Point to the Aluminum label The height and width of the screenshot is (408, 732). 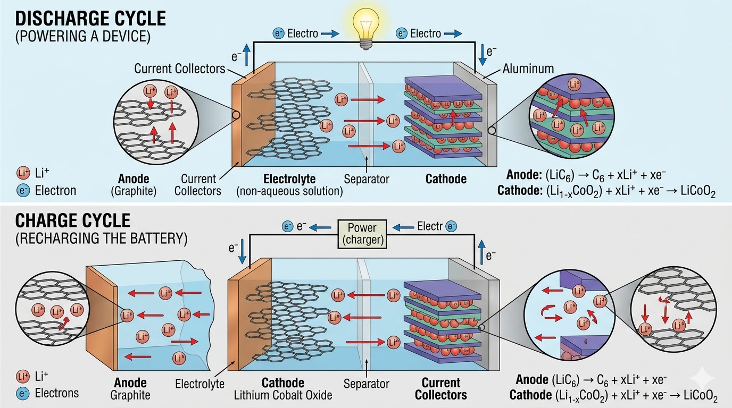click(x=528, y=68)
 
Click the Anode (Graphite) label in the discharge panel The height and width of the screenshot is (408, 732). click(x=133, y=185)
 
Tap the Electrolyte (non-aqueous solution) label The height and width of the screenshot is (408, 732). click(x=289, y=185)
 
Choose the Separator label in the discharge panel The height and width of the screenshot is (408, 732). click(x=367, y=179)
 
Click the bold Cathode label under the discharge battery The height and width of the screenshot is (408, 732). click(x=446, y=179)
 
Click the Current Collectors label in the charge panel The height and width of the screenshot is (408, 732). click(x=440, y=388)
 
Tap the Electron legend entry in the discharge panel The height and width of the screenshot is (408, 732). click(x=55, y=190)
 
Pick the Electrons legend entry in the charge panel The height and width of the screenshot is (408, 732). click(x=56, y=393)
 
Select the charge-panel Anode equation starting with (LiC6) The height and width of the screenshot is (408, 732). click(x=591, y=380)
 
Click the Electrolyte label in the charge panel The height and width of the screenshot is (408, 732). click(x=199, y=383)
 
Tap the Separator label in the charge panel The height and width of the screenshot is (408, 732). click(x=367, y=383)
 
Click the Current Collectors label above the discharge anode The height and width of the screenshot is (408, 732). click(x=179, y=68)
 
